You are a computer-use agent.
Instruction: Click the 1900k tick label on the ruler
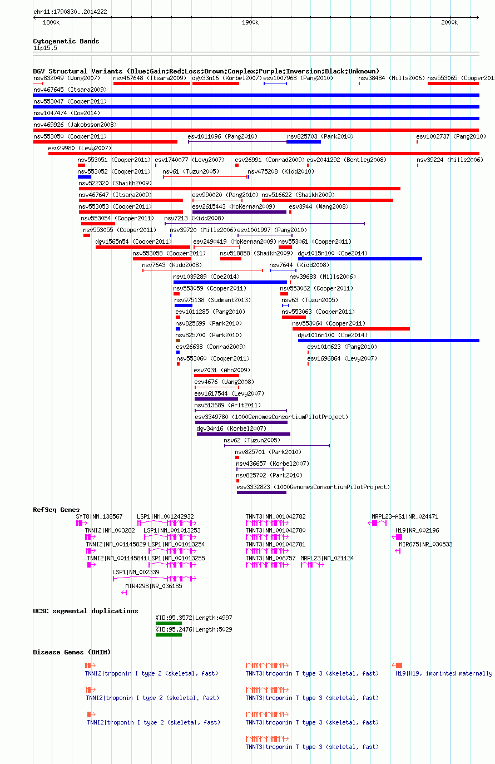coord(250,22)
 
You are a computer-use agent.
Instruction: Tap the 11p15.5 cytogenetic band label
coord(45,48)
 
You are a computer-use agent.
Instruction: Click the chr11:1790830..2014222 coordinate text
coord(70,12)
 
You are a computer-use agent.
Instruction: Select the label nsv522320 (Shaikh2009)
coord(115,183)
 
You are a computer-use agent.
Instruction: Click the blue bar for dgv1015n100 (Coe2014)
coord(360,259)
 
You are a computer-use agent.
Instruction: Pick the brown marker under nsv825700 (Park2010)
coord(178,341)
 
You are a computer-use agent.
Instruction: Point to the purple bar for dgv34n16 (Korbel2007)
coord(244,434)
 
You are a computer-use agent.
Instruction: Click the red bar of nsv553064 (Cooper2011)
coord(351,329)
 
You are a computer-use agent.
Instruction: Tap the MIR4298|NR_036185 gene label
coord(154,586)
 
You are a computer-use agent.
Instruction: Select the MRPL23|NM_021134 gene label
coord(327,558)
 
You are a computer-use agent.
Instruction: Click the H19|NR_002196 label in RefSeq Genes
coord(417,530)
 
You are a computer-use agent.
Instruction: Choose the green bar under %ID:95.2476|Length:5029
coord(169,635)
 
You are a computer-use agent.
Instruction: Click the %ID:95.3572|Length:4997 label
coord(194,618)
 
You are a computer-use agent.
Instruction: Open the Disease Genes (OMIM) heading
coord(72,652)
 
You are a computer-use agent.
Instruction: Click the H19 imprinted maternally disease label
coord(444,674)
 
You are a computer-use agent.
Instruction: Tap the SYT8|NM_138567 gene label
coord(99,516)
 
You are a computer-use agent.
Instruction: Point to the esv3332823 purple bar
coord(261,492)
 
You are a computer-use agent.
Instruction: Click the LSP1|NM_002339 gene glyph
coord(155,579)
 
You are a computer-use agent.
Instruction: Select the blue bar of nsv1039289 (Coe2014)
coord(230,282)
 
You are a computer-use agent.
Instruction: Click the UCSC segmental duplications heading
coord(86,611)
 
